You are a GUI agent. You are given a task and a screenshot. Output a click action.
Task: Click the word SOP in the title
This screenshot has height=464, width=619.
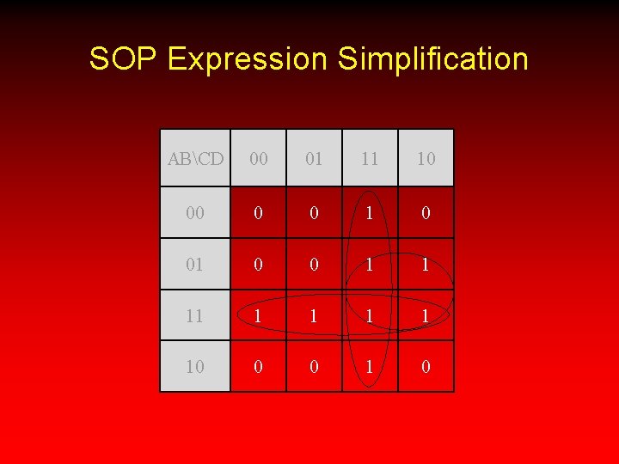pyautogui.click(x=124, y=59)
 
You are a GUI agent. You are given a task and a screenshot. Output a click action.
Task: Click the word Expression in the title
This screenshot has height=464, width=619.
pyautogui.click(x=248, y=59)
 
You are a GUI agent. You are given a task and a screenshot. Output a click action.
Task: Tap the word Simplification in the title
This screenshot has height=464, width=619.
pyautogui.click(x=432, y=59)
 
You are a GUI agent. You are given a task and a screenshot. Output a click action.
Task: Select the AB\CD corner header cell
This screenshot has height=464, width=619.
pyautogui.click(x=195, y=159)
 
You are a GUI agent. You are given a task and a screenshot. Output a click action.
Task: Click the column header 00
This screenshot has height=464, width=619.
pyautogui.click(x=258, y=159)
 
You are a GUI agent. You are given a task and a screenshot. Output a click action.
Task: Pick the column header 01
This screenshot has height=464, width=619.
pyautogui.click(x=314, y=159)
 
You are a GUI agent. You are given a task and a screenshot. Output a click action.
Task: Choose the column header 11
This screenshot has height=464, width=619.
pyautogui.click(x=370, y=159)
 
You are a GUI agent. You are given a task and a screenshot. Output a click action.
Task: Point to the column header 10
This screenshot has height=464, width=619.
pyautogui.click(x=426, y=159)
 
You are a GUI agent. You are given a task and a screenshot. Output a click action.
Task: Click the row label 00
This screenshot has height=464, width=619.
pyautogui.click(x=195, y=212)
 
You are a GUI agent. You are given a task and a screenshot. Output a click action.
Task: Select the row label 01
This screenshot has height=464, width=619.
pyautogui.click(x=195, y=265)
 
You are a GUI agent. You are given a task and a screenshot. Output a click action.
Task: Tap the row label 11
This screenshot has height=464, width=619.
pyautogui.click(x=195, y=316)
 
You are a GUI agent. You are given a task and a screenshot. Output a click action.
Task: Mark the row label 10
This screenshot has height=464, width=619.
pyautogui.click(x=195, y=367)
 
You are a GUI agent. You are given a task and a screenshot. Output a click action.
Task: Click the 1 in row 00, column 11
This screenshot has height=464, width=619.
pyautogui.click(x=370, y=212)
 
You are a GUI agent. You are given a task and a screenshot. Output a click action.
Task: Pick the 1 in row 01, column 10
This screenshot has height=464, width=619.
pyautogui.click(x=426, y=265)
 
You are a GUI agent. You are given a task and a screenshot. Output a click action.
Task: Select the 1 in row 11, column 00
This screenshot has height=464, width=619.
pyautogui.click(x=258, y=316)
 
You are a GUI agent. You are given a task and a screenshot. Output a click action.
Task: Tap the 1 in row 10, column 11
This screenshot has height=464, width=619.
pyautogui.click(x=370, y=367)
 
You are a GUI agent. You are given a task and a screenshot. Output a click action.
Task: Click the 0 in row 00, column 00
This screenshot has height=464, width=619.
pyautogui.click(x=258, y=212)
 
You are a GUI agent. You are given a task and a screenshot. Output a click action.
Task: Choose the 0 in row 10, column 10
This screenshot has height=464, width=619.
pyautogui.click(x=426, y=367)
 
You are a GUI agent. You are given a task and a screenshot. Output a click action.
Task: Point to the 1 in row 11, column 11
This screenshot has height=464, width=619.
pyautogui.click(x=370, y=316)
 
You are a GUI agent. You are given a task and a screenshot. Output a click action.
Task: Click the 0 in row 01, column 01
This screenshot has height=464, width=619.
pyautogui.click(x=314, y=265)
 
